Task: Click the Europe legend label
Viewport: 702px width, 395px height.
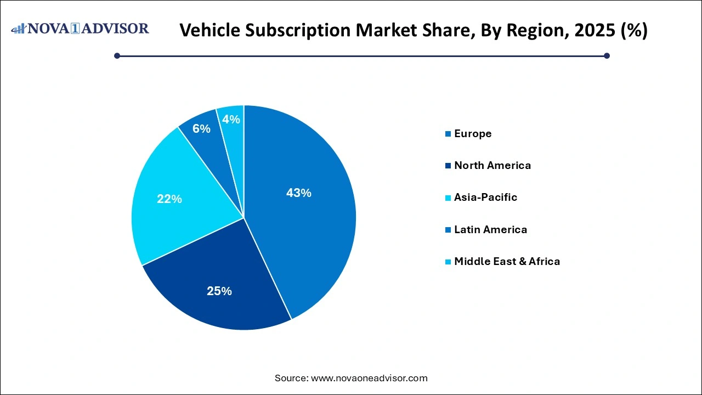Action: (x=473, y=134)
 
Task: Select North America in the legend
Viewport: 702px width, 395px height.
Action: (x=492, y=166)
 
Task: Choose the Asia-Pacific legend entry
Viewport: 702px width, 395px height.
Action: (x=485, y=198)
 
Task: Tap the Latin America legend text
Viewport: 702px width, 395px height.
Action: (x=490, y=229)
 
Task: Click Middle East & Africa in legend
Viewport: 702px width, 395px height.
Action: (x=507, y=261)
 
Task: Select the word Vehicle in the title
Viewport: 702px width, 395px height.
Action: (x=208, y=30)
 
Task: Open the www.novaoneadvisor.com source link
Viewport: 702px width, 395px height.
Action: (x=369, y=378)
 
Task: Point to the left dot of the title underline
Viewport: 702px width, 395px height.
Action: (x=117, y=55)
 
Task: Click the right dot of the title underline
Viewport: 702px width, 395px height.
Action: (x=607, y=55)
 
